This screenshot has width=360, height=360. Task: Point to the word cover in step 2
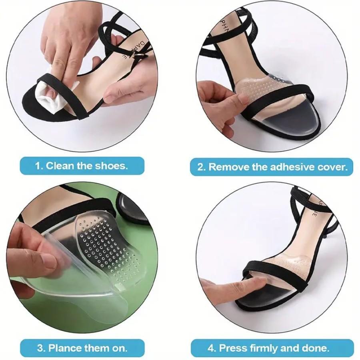[x=332, y=167]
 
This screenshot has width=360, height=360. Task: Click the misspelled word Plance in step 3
[x=65, y=348]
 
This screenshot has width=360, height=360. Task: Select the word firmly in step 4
[x=265, y=348]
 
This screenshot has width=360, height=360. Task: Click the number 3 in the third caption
[x=40, y=348]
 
